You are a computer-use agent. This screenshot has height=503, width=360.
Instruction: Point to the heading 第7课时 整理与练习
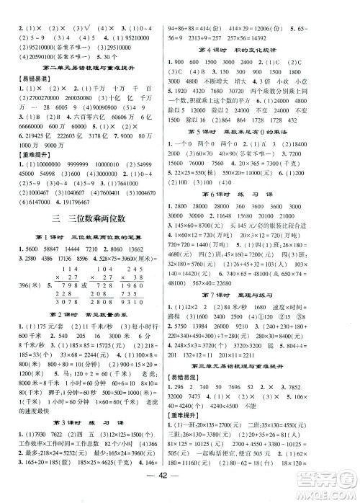tap(267, 296)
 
